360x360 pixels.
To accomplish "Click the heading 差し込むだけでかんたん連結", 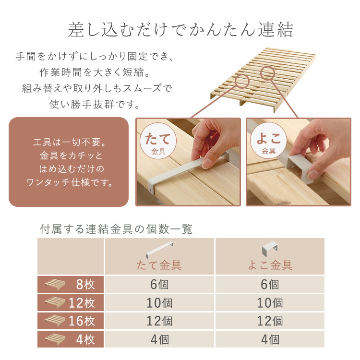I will [180, 31].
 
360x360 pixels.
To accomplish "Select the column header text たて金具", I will [159, 265].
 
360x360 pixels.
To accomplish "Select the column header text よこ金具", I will [270, 265].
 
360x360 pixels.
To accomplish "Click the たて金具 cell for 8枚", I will [159, 285].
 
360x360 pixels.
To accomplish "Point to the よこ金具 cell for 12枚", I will [270, 303].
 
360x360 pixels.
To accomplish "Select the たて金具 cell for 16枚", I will [159, 321].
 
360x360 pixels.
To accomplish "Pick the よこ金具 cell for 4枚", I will [270, 339].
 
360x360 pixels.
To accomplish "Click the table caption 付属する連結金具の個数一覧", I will [116, 229].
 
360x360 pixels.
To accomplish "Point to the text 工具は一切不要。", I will [69, 143].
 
